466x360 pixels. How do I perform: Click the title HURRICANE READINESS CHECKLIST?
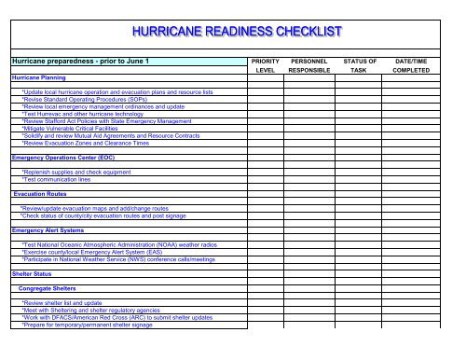pyautogui.click(x=233, y=34)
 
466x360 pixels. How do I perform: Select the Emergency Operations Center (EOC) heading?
pyautogui.click(x=59, y=159)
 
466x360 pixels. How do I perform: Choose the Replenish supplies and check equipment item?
pyautogui.click(x=84, y=173)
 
